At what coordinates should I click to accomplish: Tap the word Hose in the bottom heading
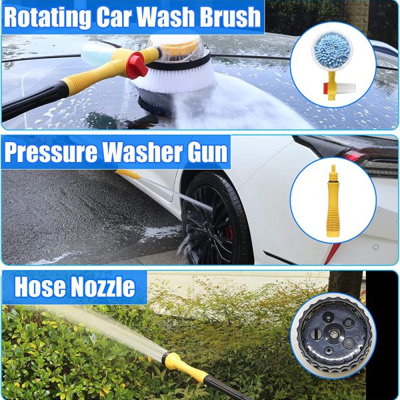click(x=40, y=288)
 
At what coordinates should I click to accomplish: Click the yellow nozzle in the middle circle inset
click(x=332, y=200)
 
